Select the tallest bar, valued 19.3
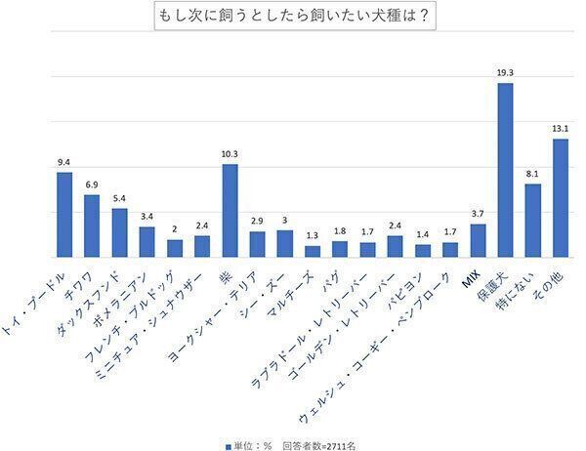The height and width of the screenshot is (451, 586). tap(505, 168)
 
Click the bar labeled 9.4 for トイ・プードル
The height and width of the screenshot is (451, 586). tap(64, 213)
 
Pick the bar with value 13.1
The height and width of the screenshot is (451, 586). tap(560, 196)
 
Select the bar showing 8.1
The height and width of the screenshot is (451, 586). tap(532, 219)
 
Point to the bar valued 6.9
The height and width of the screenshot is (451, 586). tap(92, 225)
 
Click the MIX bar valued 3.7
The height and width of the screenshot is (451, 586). tap(478, 239)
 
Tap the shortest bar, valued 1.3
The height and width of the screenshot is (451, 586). tap(313, 250)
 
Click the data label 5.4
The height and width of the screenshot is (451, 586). tap(119, 198)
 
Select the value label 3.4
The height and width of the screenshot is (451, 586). tap(146, 217)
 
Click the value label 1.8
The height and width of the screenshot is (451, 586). tap(340, 231)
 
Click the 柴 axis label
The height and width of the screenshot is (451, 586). tap(226, 277)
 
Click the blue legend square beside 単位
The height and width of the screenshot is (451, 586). tap(228, 444)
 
